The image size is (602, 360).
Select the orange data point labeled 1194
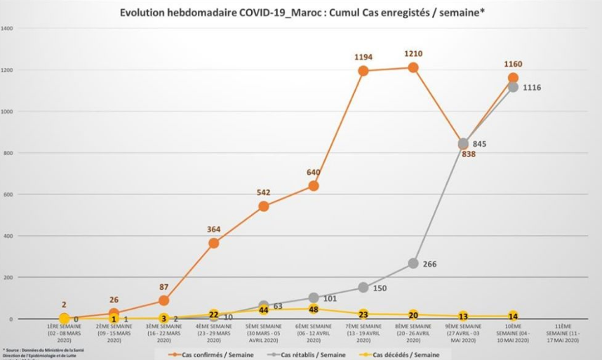[363, 71]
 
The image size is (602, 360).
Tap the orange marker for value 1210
[413, 67]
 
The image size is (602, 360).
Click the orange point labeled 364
[214, 243]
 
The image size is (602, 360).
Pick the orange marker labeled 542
[264, 206]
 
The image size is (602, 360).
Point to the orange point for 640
[314, 186]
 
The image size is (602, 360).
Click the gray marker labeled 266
[413, 263]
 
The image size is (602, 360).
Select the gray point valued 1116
[513, 87]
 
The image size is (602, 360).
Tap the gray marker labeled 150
[363, 288]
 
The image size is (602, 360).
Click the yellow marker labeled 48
[314, 309]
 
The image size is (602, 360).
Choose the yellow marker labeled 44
[264, 309]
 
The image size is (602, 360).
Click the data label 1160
[513, 65]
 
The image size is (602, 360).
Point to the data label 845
[480, 144]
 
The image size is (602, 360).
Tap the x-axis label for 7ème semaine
[363, 333]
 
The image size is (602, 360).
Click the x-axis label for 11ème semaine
[563, 333]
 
